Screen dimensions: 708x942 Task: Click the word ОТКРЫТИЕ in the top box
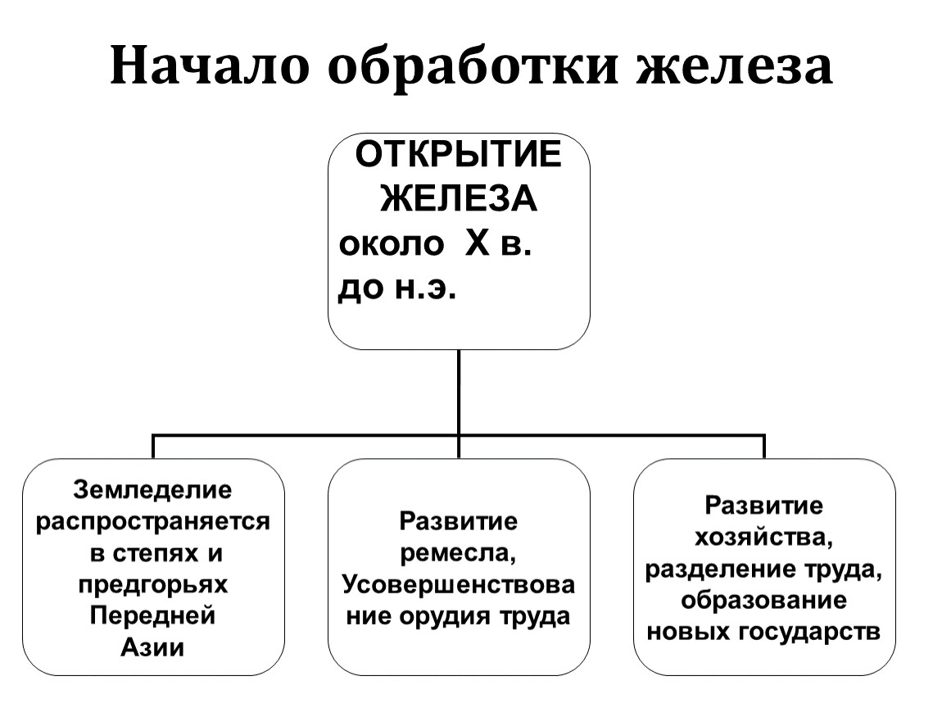[x=458, y=155]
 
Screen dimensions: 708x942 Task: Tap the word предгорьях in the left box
[x=153, y=584]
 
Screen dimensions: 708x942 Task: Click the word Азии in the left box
[x=153, y=647]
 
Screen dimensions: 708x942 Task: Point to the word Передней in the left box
[x=153, y=615]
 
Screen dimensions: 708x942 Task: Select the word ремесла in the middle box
[x=458, y=553]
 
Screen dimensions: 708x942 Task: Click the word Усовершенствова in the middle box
[x=458, y=584]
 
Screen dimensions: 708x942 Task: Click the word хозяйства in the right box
[x=764, y=537]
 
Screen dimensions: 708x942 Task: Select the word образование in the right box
[x=764, y=600]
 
